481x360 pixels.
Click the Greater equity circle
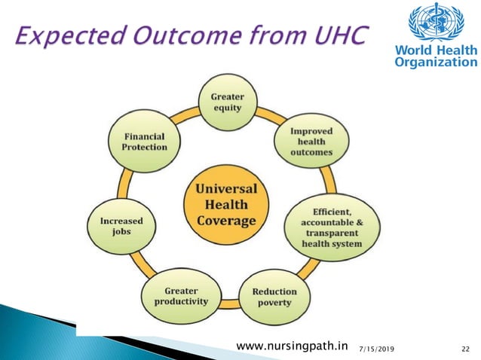[226, 102]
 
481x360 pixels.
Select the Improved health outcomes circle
[310, 142]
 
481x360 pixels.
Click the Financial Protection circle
[144, 142]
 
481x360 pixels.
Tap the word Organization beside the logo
[435, 63]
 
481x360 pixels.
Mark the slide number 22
[465, 346]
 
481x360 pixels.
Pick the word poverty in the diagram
[274, 303]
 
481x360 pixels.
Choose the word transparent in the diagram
[332, 233]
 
